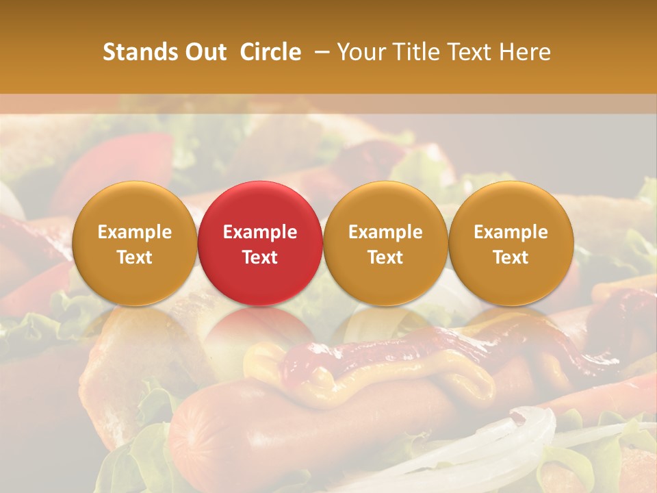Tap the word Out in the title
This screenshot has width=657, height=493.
point(205,52)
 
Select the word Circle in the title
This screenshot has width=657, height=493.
point(270,52)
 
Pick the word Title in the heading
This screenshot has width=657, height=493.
point(420,52)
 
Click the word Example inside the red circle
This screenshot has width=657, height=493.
point(260,232)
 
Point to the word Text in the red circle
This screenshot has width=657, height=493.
point(260,257)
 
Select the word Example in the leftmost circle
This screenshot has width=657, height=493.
point(134,232)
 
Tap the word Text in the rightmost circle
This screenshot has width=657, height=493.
point(511,257)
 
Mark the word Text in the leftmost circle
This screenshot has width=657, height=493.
point(134,257)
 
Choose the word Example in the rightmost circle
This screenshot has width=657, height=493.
point(511,232)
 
